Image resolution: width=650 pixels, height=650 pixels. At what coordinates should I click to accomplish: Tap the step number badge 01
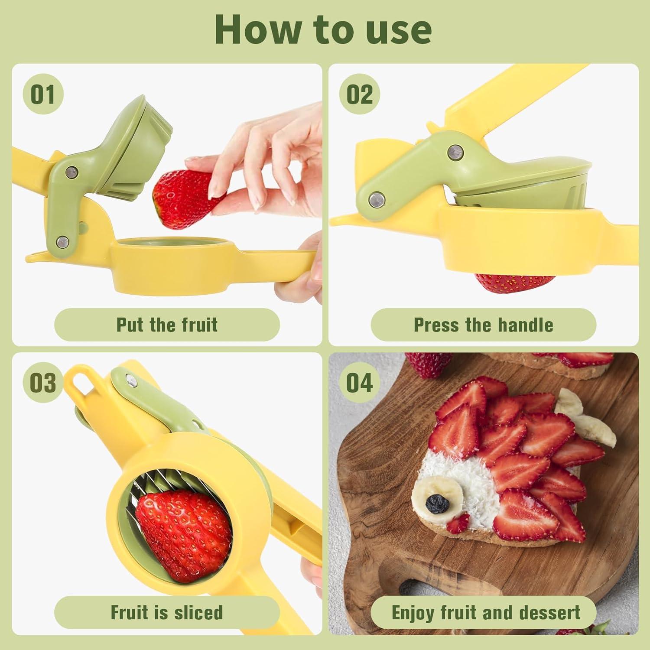pyautogui.click(x=43, y=94)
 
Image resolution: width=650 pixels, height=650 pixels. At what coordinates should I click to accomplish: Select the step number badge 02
pyautogui.click(x=360, y=94)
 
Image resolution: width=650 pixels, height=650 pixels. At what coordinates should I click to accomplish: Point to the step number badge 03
pyautogui.click(x=43, y=383)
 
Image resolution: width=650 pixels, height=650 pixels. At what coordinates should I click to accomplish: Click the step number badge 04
pyautogui.click(x=360, y=383)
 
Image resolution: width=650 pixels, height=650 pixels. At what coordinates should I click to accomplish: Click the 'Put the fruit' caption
pyautogui.click(x=167, y=325)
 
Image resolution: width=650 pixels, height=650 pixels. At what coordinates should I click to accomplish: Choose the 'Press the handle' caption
pyautogui.click(x=483, y=325)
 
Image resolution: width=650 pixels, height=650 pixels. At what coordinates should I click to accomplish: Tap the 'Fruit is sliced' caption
pyautogui.click(x=167, y=612)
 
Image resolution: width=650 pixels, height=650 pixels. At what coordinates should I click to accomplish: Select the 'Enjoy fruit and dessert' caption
pyautogui.click(x=485, y=612)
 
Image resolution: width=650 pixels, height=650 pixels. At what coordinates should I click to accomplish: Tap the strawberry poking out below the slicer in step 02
pyautogui.click(x=515, y=283)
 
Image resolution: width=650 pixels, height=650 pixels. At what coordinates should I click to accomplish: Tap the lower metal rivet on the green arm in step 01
pyautogui.click(x=63, y=240)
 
